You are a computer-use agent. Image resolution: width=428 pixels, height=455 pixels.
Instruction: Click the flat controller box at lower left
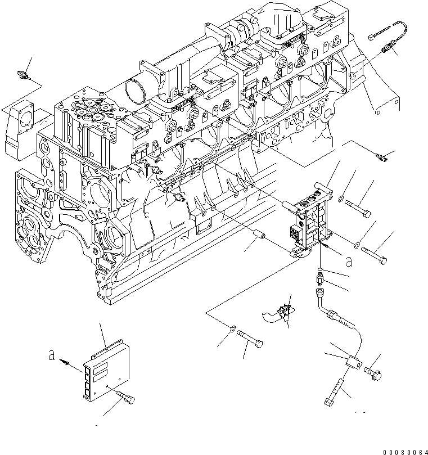(x=104, y=368)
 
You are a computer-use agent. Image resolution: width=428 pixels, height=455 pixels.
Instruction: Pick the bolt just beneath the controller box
(x=127, y=398)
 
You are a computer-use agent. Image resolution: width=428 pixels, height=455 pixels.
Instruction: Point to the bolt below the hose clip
(x=249, y=340)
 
